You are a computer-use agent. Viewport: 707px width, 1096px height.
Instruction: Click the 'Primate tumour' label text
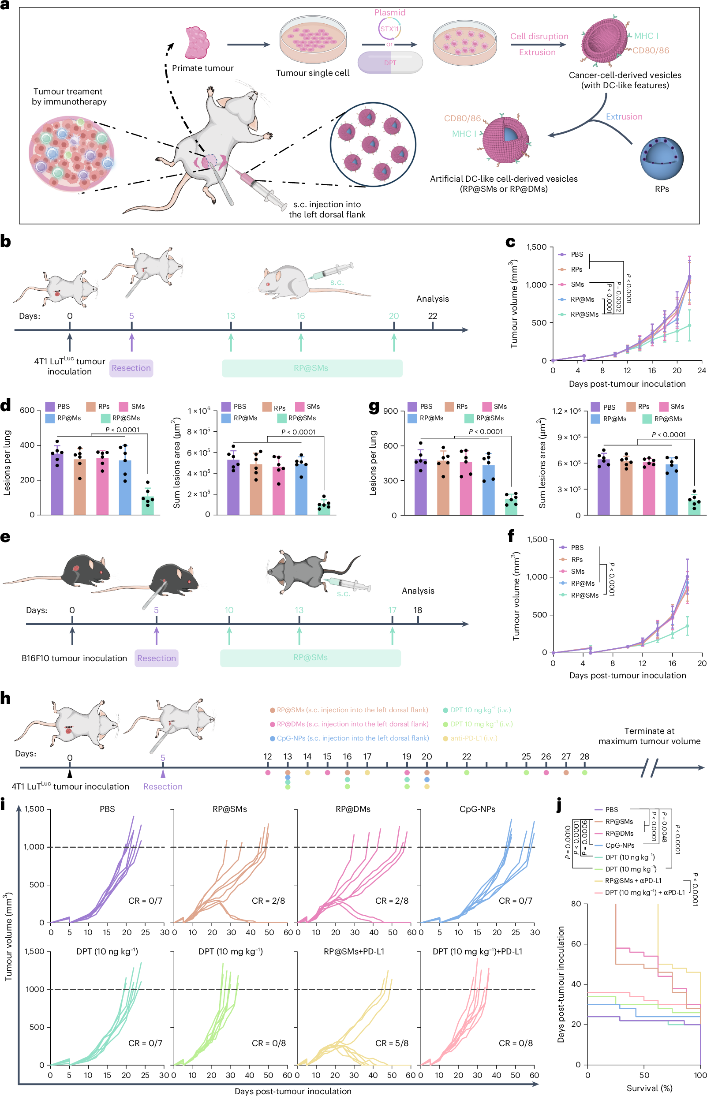click(202, 68)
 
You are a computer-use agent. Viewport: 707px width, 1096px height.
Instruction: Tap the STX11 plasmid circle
click(389, 29)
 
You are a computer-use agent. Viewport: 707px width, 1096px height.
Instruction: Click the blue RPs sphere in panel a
click(662, 158)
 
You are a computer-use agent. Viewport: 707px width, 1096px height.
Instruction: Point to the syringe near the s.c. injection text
click(260, 188)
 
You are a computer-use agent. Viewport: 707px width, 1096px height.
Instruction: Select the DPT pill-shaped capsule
click(390, 63)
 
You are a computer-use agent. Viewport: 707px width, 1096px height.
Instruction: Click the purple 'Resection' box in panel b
click(131, 368)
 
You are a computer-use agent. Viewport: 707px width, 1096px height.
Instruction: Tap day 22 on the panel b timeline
click(433, 316)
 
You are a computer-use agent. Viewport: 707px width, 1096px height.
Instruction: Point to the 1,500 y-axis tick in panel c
click(536, 247)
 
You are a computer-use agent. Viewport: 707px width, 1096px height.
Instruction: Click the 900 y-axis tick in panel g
click(390, 411)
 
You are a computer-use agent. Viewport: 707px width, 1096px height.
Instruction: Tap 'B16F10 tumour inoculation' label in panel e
click(74, 658)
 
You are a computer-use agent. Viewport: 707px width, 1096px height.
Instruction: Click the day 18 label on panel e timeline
click(417, 610)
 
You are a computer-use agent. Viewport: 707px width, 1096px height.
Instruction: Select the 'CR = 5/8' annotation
click(392, 1043)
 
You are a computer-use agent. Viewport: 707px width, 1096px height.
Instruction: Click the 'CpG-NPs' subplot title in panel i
click(477, 809)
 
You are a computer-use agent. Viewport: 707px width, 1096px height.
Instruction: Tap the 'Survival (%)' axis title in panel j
click(649, 1088)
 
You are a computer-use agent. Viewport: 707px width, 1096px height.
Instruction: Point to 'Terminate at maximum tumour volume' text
click(649, 736)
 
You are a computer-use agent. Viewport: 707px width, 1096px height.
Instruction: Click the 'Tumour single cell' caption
click(312, 73)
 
